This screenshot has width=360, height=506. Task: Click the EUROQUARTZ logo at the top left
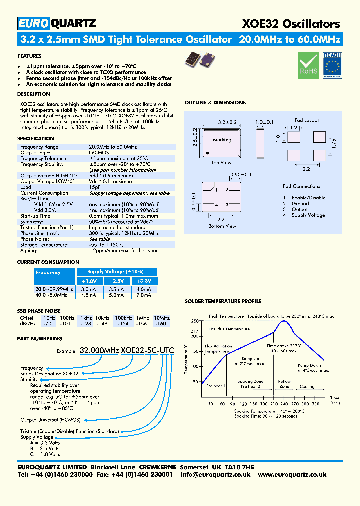click(57, 23)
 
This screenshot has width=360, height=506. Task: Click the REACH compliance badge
click(332, 65)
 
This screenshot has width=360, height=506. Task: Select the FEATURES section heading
click(29, 56)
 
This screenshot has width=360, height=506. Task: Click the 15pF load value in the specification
click(95, 187)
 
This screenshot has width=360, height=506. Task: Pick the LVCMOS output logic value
click(99, 152)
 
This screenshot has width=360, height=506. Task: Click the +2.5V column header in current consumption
click(116, 281)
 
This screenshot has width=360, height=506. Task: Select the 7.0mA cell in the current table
click(144, 295)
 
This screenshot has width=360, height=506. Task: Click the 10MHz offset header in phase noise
click(162, 318)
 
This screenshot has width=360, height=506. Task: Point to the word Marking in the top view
click(222, 140)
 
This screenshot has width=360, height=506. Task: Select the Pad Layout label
click(307, 120)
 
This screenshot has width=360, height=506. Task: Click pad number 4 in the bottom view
click(215, 205)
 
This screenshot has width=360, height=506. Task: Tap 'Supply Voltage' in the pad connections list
click(308, 215)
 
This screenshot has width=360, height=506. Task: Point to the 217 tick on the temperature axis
click(194, 331)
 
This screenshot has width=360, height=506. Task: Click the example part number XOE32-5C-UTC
click(148, 351)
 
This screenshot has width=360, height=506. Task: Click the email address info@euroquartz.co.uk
click(216, 474)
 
